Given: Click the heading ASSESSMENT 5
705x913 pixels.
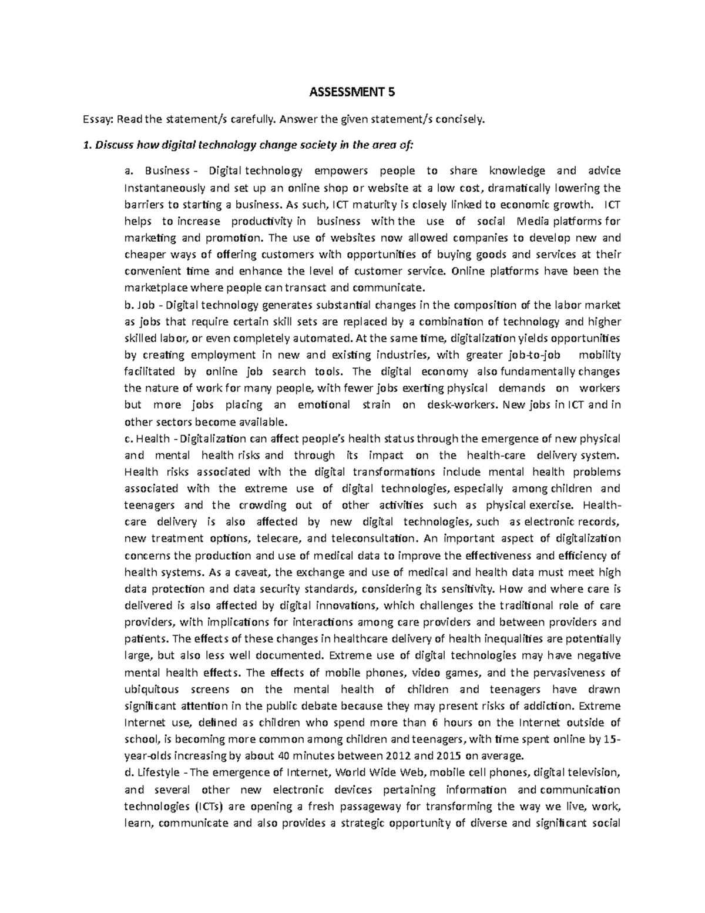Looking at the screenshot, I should coord(352,91).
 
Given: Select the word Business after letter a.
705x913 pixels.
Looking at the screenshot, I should coord(166,171).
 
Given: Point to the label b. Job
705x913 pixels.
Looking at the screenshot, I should coord(139,305).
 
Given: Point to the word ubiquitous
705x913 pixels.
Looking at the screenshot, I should coord(152,689).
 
